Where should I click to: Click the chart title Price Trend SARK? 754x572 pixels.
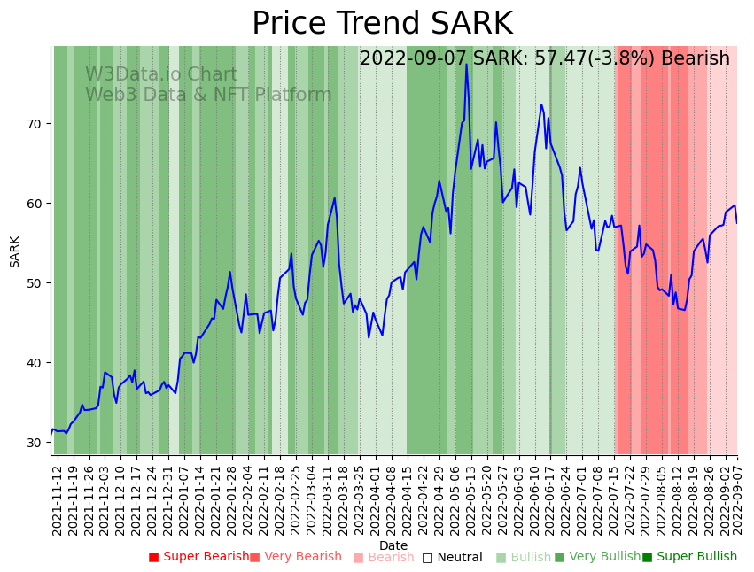click(382, 24)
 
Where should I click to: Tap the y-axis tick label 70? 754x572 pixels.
click(35, 124)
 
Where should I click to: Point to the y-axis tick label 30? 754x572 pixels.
click(35, 443)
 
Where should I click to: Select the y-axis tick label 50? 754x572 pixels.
click(35, 283)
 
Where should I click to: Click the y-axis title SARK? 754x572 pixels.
click(14, 251)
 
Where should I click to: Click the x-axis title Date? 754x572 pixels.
click(393, 545)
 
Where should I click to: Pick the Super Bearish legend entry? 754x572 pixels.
click(199, 557)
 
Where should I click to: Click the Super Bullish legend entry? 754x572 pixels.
click(689, 557)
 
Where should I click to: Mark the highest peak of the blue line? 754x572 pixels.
click(466, 65)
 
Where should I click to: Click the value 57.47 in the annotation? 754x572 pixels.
click(551, 58)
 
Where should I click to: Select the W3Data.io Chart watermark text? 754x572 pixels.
click(161, 75)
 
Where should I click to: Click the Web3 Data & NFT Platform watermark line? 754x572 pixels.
click(208, 95)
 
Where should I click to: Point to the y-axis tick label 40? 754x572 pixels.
click(35, 363)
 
